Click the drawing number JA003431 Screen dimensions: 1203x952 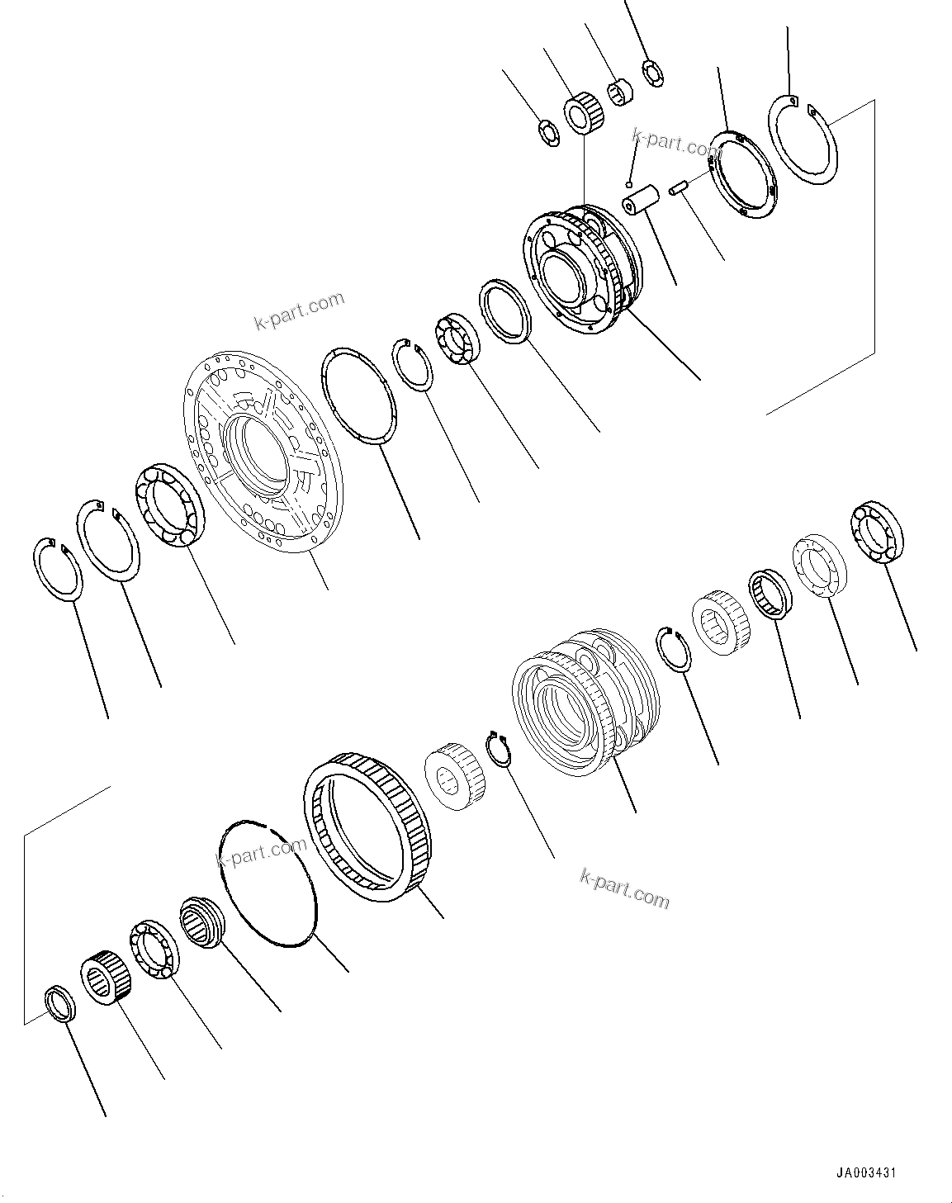tap(865, 1172)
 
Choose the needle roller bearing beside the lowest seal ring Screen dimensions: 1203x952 tap(102, 978)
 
